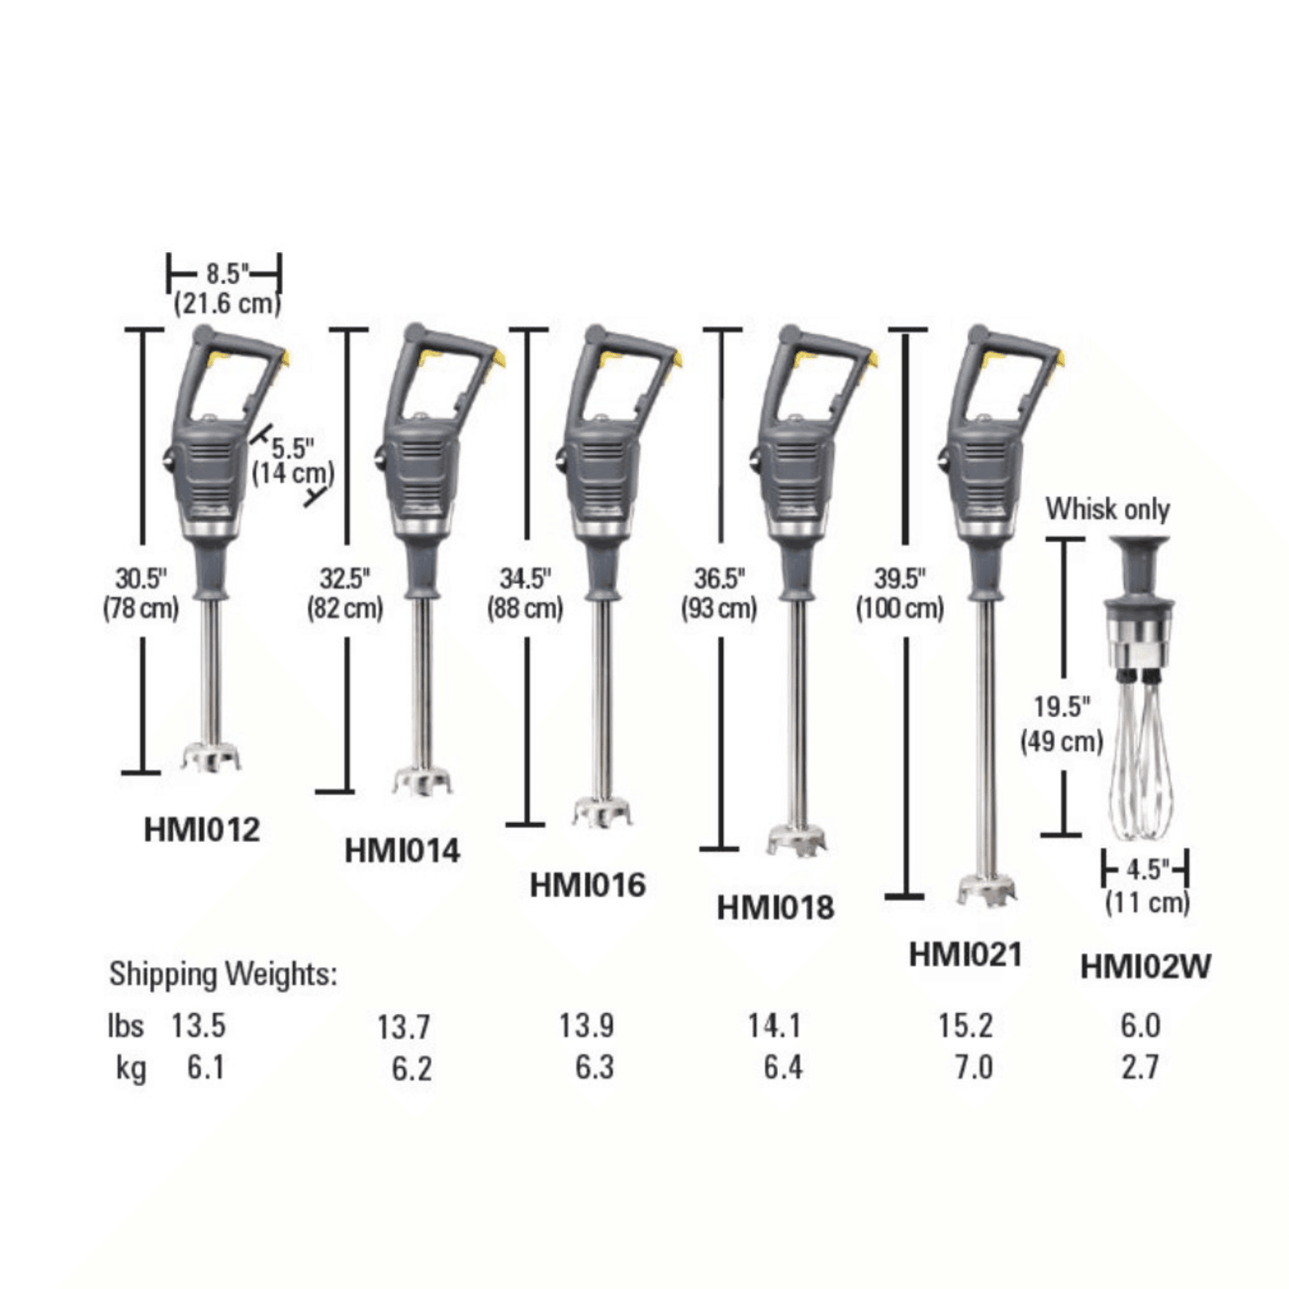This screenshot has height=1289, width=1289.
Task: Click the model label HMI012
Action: [202, 830]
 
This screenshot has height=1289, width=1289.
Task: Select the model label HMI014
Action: [402, 851]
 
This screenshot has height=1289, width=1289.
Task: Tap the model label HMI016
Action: [587, 886]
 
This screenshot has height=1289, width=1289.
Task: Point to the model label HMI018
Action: [775, 907]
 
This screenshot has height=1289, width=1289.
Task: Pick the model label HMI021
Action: [965, 955]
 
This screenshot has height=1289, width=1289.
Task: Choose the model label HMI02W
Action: [1145, 966]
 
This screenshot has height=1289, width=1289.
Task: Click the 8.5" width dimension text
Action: [228, 273]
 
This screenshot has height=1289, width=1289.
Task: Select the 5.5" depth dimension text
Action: [292, 448]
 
